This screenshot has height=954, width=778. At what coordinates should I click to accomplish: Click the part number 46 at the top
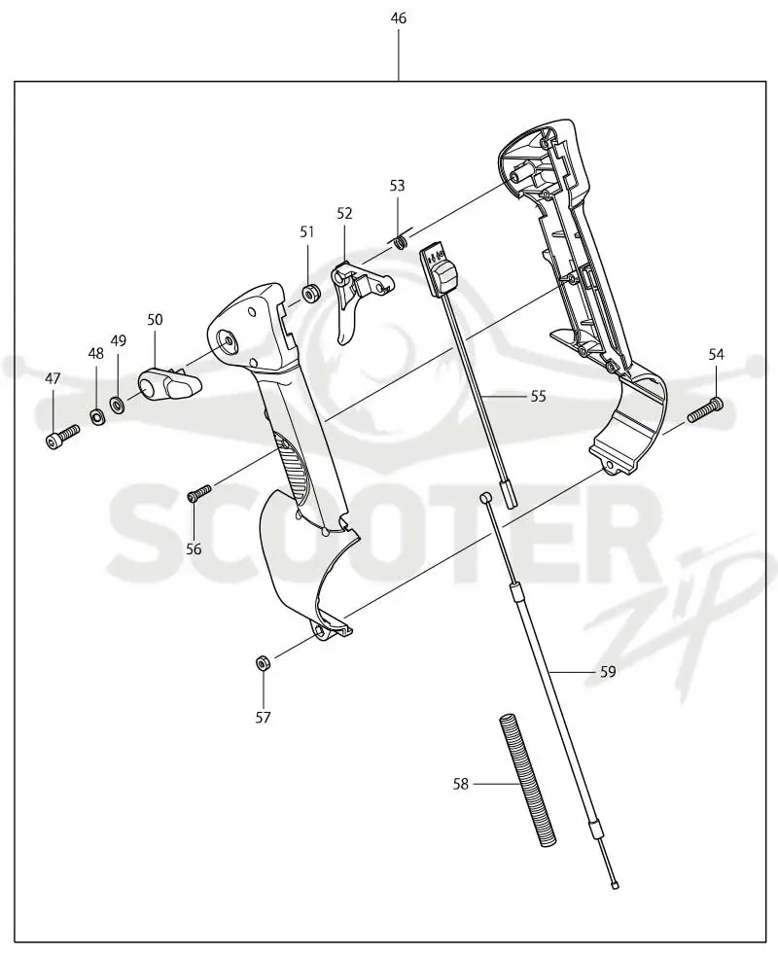(399, 18)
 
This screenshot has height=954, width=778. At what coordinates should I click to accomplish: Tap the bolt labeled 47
(62, 437)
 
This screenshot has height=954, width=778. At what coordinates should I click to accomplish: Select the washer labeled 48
(96, 417)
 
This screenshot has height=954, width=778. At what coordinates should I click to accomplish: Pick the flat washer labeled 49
(118, 403)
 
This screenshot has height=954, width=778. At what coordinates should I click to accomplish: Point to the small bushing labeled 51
(312, 294)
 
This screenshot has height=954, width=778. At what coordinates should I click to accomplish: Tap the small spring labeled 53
(401, 242)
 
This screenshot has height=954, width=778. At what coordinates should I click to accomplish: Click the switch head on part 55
(440, 270)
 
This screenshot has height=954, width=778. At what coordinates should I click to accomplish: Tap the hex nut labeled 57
(263, 662)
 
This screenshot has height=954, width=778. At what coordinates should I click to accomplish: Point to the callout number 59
(608, 672)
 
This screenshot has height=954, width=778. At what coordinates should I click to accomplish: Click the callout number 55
(539, 396)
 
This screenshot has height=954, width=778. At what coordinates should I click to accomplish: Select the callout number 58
(460, 784)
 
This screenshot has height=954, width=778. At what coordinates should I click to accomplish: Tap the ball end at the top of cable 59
(485, 498)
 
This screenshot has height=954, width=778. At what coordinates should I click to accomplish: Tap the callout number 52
(344, 213)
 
